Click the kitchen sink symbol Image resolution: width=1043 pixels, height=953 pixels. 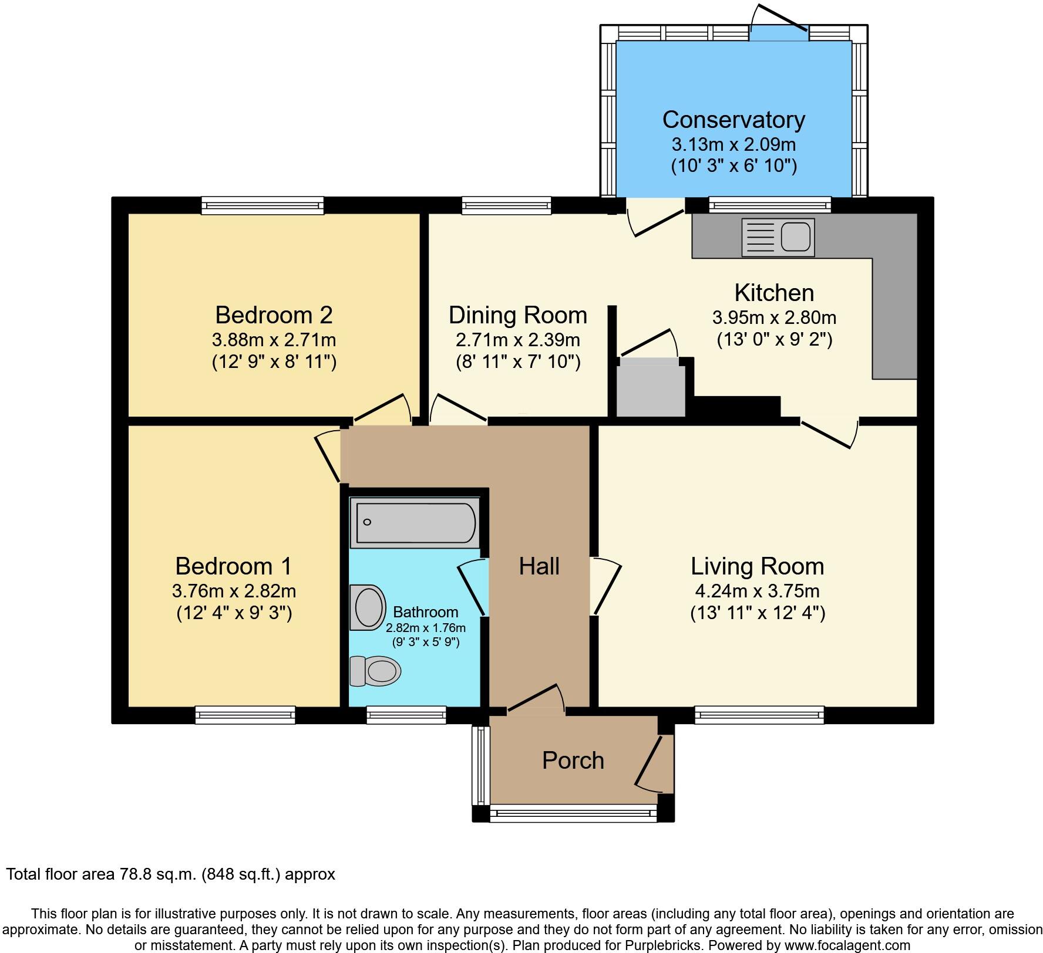click(x=778, y=238)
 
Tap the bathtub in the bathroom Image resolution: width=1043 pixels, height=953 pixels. click(x=415, y=522)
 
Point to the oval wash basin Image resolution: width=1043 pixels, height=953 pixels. click(x=368, y=607)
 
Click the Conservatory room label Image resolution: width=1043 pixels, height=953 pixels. click(x=734, y=120)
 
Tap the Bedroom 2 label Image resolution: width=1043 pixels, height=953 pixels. click(x=274, y=315)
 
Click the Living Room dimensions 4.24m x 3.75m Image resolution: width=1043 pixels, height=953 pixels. click(x=758, y=591)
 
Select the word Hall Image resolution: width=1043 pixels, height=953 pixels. click(x=539, y=566)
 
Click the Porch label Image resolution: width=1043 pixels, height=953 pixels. click(x=573, y=761)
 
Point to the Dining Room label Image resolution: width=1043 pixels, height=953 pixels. click(x=517, y=315)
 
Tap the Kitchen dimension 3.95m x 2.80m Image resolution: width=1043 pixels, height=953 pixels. click(x=774, y=317)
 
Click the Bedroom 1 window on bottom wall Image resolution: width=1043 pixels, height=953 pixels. click(x=245, y=715)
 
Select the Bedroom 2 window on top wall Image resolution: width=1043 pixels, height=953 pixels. click(x=263, y=205)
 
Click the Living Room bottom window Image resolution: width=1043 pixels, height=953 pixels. click(x=759, y=715)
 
